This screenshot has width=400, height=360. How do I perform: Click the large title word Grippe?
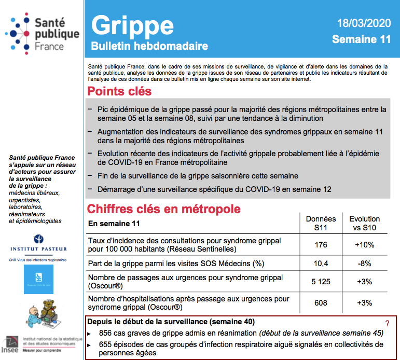coord(132,25)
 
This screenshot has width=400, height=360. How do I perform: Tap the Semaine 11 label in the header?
coord(361,39)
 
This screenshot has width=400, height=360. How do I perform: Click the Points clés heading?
coord(119,91)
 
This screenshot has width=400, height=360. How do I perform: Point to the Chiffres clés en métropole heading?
coord(164,209)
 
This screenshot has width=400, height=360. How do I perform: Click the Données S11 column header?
coord(321,223)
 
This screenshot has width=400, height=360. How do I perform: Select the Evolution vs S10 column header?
coord(365,223)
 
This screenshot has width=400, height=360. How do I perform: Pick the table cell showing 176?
coord(321,245)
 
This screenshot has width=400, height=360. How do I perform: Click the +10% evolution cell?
coord(365,245)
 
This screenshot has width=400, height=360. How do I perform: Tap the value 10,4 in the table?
coord(321,264)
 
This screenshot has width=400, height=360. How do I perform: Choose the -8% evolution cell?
coord(365,264)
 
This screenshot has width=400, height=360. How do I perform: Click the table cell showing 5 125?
coord(321,282)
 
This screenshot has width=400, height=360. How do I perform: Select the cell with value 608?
coord(321,303)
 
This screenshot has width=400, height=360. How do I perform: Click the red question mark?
coord(387,323)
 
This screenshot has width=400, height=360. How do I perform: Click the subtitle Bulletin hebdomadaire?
coord(149,46)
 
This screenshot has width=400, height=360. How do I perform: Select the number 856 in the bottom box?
coord(106,333)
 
